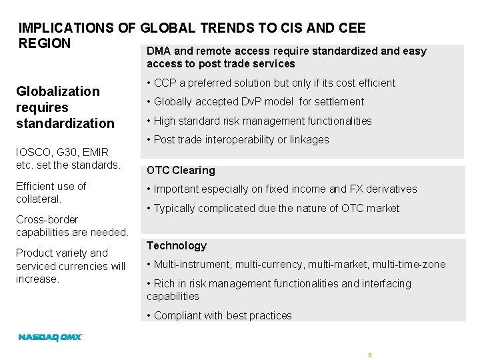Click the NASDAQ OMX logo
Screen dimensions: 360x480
[50, 337]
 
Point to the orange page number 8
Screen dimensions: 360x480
[369, 355]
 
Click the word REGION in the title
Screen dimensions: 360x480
[45, 43]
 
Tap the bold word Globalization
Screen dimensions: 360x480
[58, 91]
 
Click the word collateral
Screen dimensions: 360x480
[38, 199]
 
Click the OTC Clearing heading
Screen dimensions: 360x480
[181, 170]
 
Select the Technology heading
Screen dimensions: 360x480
[177, 245]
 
